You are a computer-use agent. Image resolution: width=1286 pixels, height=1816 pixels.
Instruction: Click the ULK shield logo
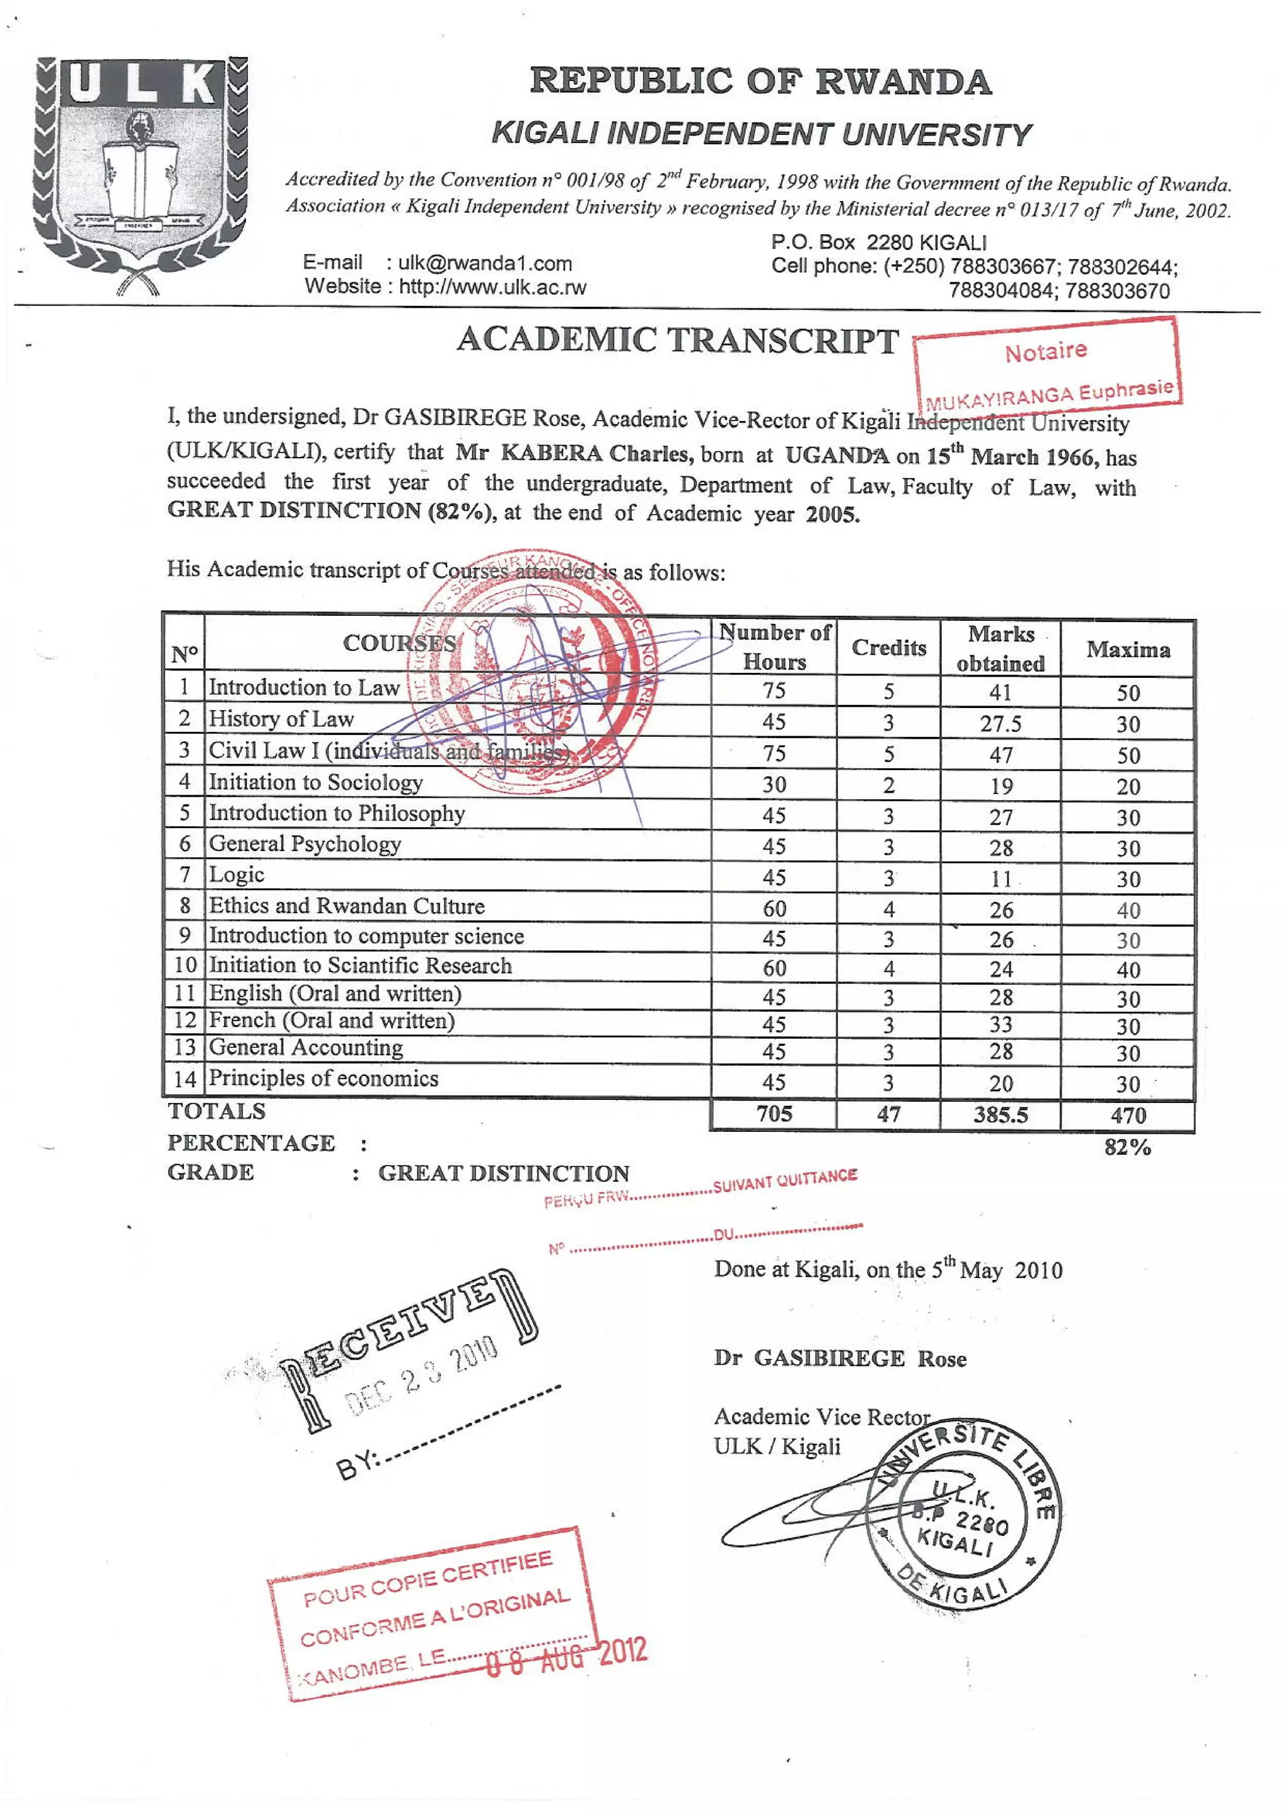tap(140, 176)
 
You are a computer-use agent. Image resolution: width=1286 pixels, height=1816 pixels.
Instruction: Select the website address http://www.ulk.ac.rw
tap(492, 287)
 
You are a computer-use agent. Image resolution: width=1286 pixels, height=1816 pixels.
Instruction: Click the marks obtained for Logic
tap(1000, 879)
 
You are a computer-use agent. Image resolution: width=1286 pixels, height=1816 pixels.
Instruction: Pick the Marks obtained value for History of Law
tap(1000, 724)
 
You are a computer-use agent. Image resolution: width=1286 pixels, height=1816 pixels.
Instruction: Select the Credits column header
tap(889, 648)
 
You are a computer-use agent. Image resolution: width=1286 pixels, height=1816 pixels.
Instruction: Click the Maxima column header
tap(1128, 649)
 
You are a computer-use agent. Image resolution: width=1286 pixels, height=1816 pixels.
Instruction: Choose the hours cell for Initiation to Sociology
tap(774, 785)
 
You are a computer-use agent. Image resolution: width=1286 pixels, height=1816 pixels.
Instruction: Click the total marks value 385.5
tap(1000, 1115)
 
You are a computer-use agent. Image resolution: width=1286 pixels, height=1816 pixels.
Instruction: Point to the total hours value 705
tap(774, 1114)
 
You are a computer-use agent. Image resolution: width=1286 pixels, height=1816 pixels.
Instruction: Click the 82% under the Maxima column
tap(1127, 1147)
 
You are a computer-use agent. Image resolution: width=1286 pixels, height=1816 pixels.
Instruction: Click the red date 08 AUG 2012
tap(566, 1655)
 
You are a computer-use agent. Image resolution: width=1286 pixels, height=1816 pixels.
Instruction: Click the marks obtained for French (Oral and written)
tap(1000, 1024)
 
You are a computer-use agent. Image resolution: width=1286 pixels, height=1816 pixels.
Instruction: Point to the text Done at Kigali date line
tap(888, 1270)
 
